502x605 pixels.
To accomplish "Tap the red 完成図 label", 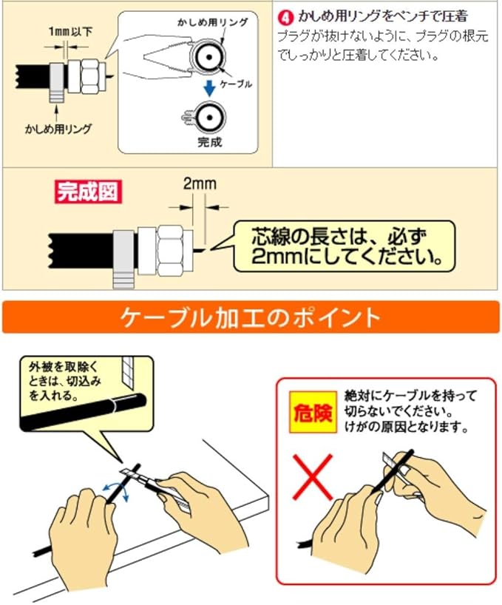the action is (88, 192).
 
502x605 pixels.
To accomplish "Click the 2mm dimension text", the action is (200, 184).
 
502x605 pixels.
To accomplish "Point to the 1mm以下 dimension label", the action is (70, 32).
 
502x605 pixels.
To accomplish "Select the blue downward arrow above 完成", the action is (209, 88).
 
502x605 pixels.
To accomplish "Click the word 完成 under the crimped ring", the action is (210, 142).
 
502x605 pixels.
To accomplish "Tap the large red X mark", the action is (312, 476).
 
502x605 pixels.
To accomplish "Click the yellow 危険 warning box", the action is (313, 413).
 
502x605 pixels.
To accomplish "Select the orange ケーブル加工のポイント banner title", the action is (251, 317).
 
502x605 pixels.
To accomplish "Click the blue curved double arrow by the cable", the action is (116, 489).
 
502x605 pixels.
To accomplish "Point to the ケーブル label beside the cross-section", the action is (236, 84).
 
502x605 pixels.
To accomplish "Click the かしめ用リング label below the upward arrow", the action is (58, 129).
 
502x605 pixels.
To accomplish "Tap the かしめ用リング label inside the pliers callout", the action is (212, 22).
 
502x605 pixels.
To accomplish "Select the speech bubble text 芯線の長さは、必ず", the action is (339, 237).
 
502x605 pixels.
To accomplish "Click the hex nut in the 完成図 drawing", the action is (169, 251).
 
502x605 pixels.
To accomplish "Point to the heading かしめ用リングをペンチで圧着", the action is (382, 16).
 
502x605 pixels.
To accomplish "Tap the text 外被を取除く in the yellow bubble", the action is (64, 367).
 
